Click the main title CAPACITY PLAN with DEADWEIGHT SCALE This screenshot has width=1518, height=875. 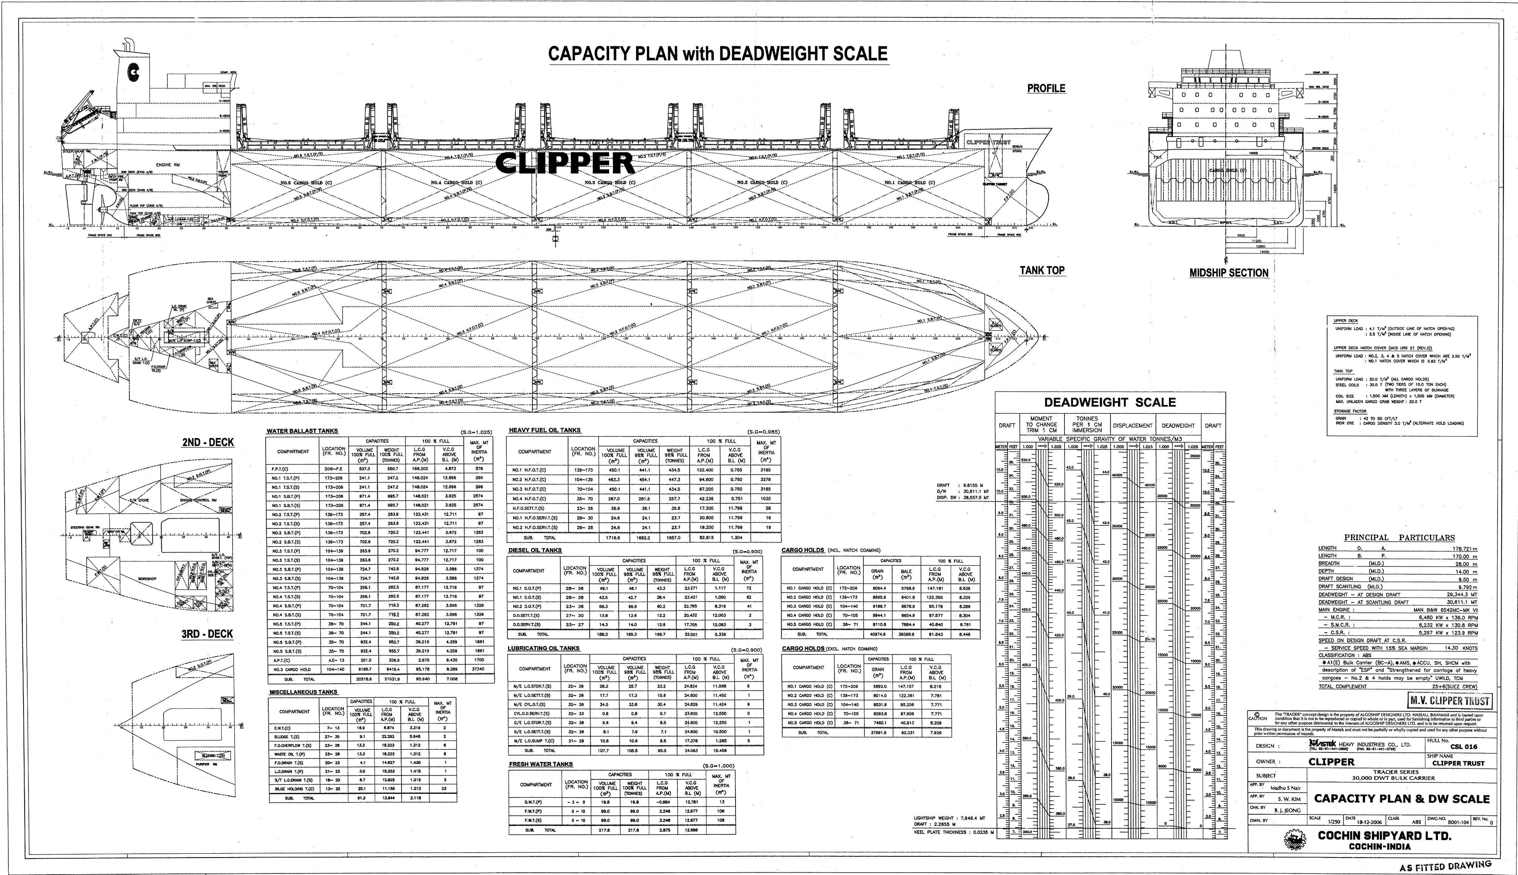tap(718, 54)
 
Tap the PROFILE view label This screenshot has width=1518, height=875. tap(1046, 88)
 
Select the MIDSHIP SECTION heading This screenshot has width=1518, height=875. tap(1228, 273)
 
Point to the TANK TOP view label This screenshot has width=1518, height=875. tap(1042, 270)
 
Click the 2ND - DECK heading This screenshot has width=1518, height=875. tap(208, 442)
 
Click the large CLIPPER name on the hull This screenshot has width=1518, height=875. tap(565, 163)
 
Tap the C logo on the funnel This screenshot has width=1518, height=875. tap(133, 73)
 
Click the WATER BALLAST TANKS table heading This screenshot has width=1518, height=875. tap(302, 431)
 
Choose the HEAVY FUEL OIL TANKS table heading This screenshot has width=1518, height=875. tap(544, 430)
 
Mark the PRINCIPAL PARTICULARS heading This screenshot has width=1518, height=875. tap(1399, 538)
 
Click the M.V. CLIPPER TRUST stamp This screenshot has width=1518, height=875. tap(1449, 701)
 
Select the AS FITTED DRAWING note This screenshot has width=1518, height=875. tap(1445, 866)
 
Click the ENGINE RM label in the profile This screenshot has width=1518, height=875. tap(168, 165)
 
